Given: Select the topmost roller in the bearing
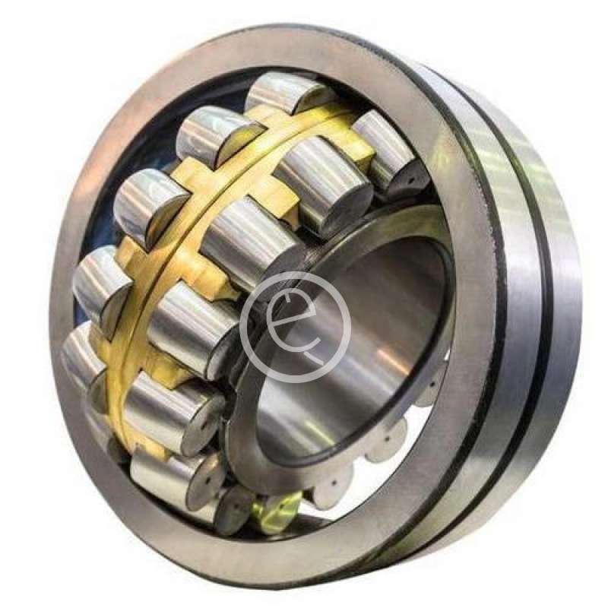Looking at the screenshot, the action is (289, 93).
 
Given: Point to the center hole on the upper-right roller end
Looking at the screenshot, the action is (412, 180).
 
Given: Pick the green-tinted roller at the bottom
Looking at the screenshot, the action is (278, 508).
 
